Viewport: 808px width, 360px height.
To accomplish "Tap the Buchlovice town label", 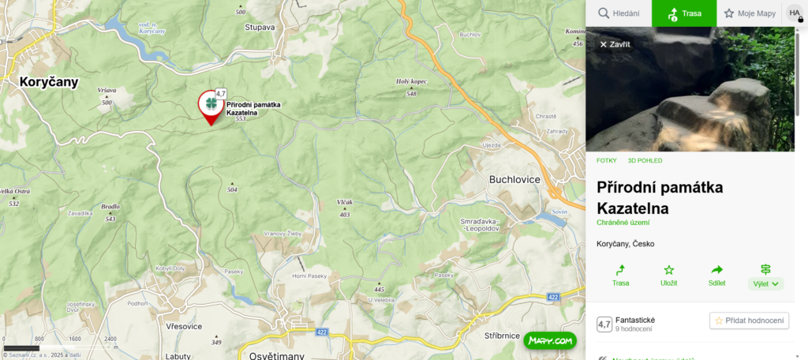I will [514, 179].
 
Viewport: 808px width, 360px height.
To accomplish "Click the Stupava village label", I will [260, 27].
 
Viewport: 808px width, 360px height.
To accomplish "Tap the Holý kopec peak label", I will [411, 81].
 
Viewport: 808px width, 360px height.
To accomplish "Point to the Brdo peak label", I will [110, 207].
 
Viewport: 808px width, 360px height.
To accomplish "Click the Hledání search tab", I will [619, 13].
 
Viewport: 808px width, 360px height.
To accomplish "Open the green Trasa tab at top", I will [684, 13].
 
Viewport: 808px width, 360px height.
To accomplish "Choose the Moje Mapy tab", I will [750, 13].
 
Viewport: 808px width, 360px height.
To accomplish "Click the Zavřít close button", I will [615, 44].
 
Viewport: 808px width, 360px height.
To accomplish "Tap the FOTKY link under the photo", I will [606, 160].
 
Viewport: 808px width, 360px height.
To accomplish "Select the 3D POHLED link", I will [645, 160].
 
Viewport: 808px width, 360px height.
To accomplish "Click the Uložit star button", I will [668, 275].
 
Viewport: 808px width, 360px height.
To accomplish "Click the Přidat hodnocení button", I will [749, 321].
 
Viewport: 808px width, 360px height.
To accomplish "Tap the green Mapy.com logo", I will [550, 341].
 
